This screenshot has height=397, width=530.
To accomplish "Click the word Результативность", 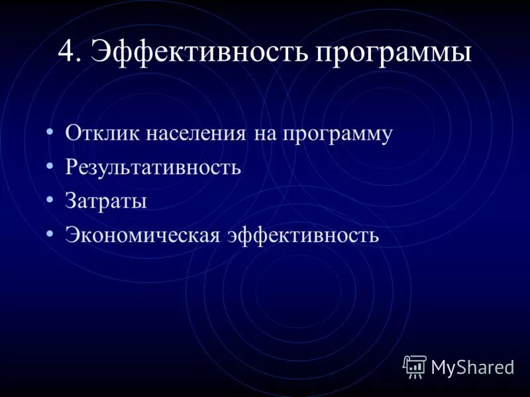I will (x=153, y=167).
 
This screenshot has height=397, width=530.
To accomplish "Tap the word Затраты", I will (x=106, y=201).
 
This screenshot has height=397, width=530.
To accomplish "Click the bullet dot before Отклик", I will (x=50, y=132).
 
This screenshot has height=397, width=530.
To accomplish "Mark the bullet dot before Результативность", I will (x=50, y=165).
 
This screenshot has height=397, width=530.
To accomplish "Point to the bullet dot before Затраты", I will (x=50, y=199).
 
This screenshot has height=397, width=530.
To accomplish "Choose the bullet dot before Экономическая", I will (x=50, y=233).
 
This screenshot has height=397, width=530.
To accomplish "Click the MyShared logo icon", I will (x=415, y=366).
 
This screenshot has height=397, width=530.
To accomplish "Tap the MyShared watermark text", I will (x=472, y=367).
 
